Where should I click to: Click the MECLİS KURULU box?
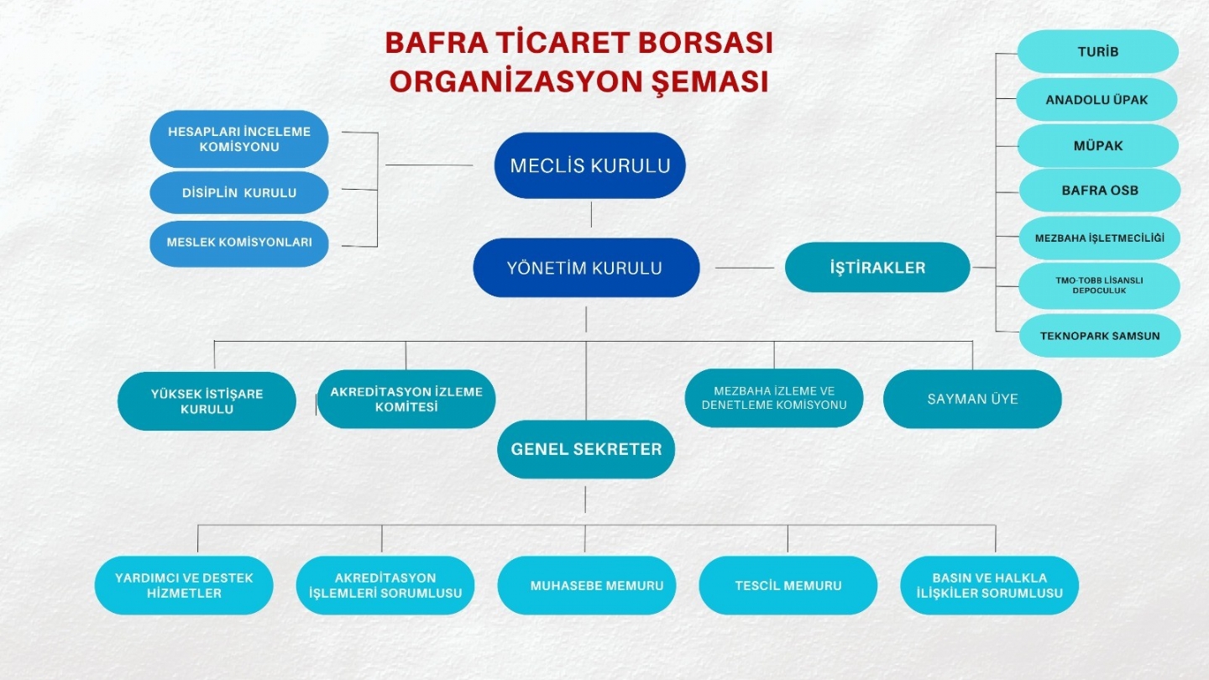point(589,165)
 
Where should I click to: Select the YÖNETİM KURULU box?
point(586,268)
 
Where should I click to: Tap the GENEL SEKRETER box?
point(586,449)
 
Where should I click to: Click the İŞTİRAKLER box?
point(877,268)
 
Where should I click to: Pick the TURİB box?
point(1097,52)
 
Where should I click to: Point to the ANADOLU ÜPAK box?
point(1096,100)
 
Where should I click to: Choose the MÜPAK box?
point(1097,146)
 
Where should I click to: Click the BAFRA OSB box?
point(1099,191)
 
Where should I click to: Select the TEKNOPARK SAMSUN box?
point(1099,336)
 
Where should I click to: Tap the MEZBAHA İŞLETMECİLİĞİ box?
point(1099,238)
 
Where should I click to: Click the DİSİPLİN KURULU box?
point(239,192)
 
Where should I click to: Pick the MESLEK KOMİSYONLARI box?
point(239,242)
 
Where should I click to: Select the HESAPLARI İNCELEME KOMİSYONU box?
point(239,139)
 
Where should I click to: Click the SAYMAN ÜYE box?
point(972,400)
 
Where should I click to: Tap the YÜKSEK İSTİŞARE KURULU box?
point(207,401)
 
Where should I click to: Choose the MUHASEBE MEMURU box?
point(586,585)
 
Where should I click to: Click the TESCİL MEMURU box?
point(788,585)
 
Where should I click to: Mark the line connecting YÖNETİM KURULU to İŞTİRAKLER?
point(744,269)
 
